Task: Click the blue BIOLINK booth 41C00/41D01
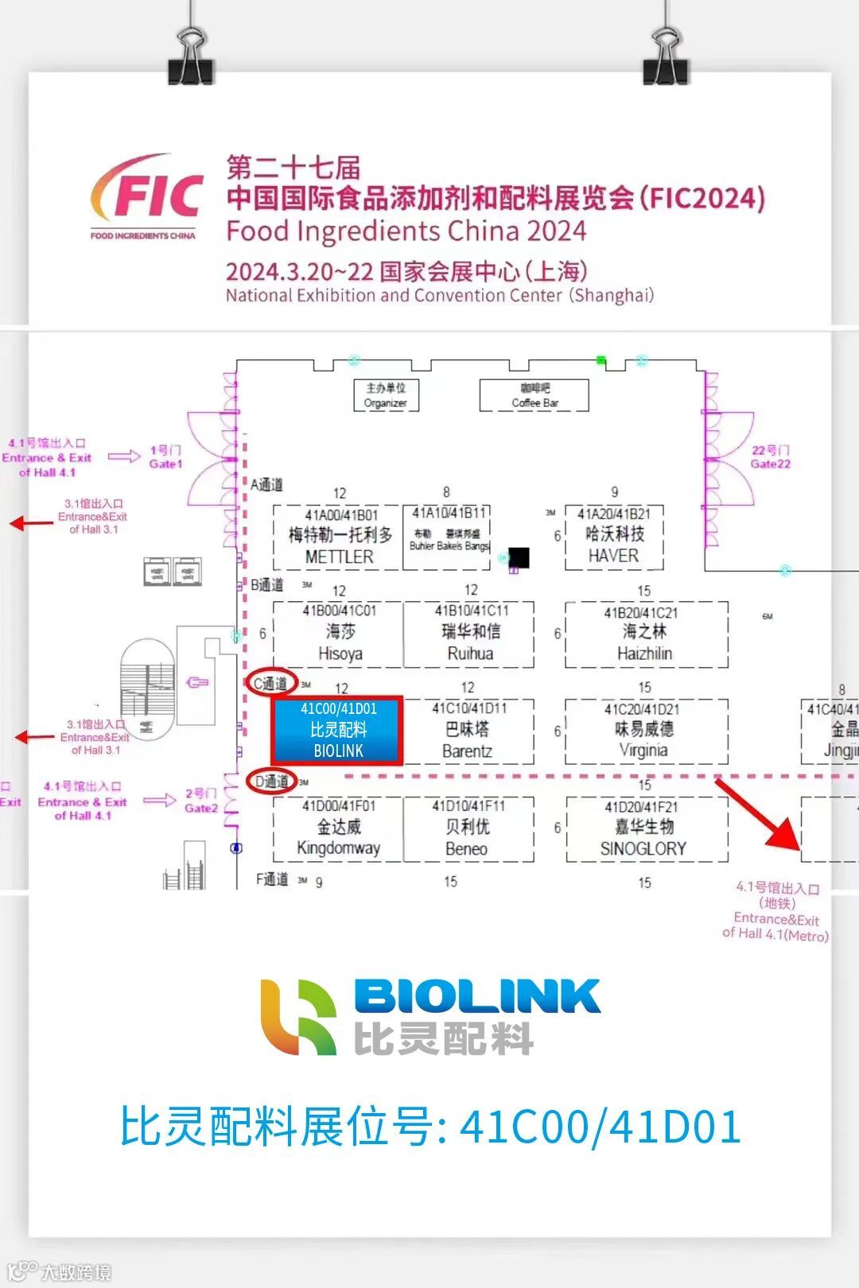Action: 338,730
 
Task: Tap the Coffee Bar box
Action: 534,395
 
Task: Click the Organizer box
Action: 386,395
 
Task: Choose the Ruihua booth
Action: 469,634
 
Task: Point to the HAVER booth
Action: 613,537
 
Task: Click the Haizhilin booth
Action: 646,634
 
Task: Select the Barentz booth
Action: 468,731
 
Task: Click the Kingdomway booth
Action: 338,828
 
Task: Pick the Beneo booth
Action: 468,828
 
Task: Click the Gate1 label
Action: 165,457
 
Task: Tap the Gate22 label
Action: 770,457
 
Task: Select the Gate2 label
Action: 200,801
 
